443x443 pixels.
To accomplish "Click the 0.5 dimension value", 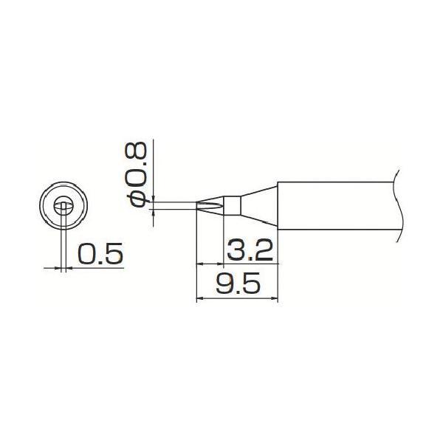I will click(x=99, y=255).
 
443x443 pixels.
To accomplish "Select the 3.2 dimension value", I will click(x=250, y=251).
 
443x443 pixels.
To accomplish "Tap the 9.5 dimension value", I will click(x=238, y=285).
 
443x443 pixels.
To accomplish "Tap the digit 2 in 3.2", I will click(x=264, y=251).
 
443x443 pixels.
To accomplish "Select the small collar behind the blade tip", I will click(x=232, y=205).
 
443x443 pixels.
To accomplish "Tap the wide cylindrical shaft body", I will click(x=332, y=205).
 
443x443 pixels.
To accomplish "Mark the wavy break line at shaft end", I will click(x=398, y=205).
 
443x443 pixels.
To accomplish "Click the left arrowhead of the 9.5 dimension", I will click(x=199, y=298).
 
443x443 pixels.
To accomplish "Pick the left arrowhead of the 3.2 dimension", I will click(x=199, y=264).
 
